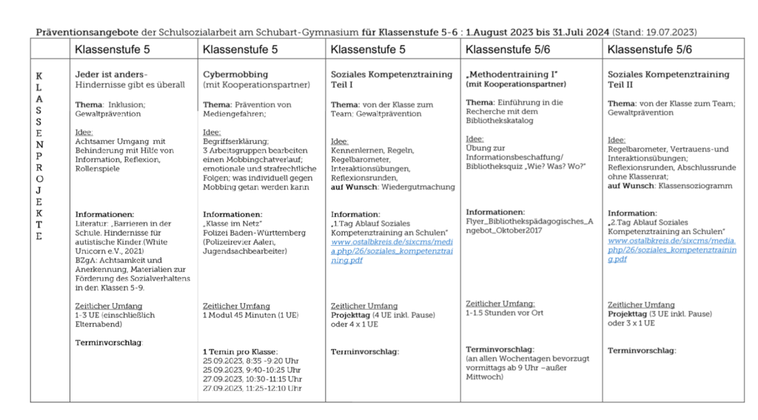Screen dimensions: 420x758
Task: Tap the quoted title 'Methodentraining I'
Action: tap(512, 75)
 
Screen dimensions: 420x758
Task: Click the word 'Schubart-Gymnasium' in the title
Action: tap(318, 33)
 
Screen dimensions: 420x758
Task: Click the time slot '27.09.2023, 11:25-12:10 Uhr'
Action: tap(252, 387)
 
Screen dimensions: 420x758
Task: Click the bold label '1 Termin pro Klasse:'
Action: tap(240, 351)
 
